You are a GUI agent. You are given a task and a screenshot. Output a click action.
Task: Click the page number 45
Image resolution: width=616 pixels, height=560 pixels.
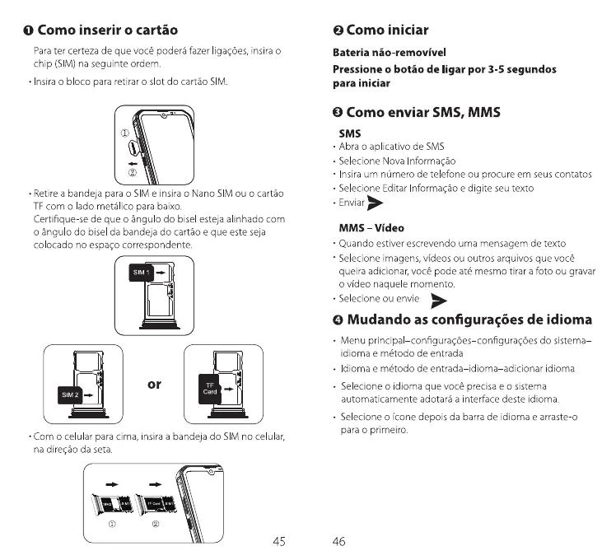pyautogui.click(x=278, y=541)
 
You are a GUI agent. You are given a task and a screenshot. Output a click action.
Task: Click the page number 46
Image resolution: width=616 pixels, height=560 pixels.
pyautogui.click(x=338, y=541)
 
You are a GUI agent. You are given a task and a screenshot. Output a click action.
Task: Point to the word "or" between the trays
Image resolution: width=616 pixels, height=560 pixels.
pyautogui.click(x=153, y=384)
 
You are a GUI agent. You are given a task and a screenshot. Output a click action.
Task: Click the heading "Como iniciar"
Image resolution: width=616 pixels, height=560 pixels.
pyautogui.click(x=386, y=30)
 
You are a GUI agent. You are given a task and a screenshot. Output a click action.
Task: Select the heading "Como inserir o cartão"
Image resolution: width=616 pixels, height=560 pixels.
pyautogui.click(x=108, y=30)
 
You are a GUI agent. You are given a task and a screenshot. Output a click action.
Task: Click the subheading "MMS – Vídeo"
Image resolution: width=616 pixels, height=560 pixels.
pyautogui.click(x=371, y=227)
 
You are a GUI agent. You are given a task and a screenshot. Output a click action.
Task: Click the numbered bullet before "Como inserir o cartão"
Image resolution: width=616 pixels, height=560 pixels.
pyautogui.click(x=27, y=31)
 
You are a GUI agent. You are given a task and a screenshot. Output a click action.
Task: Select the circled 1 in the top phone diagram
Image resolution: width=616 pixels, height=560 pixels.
pyautogui.click(x=126, y=133)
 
